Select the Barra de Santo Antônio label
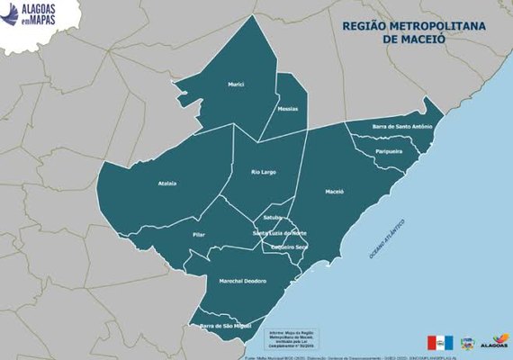click(402, 127)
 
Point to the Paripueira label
click(389, 152)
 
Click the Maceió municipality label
click(334, 193)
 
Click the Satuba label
click(274, 218)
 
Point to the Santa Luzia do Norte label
click(279, 233)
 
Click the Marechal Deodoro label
click(243, 281)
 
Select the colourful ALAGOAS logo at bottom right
click(494, 342)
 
